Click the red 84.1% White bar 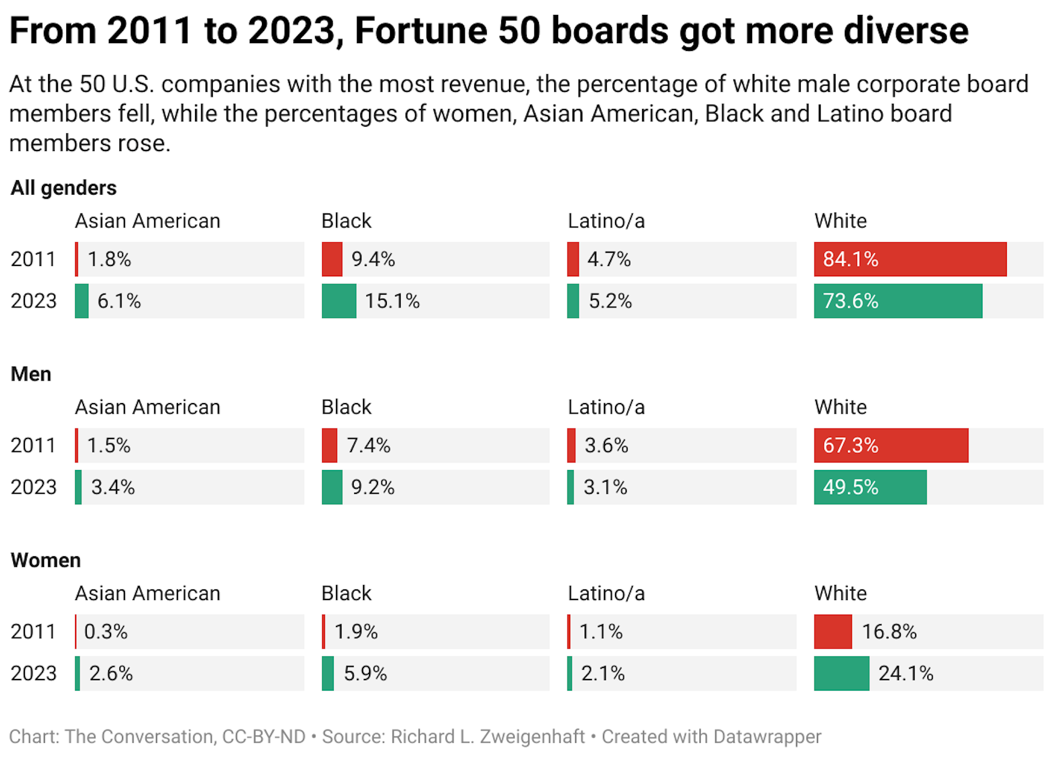click(910, 259)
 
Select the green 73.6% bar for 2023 click(897, 301)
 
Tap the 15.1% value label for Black click(392, 301)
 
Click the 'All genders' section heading click(64, 188)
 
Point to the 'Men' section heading click(31, 374)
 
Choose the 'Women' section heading click(46, 560)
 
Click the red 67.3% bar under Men click(891, 445)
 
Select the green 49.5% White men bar click(870, 487)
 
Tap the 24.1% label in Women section click(906, 674)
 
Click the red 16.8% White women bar click(833, 631)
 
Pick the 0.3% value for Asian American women click(106, 631)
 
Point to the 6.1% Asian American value click(119, 301)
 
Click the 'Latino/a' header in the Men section click(606, 408)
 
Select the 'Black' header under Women click(346, 593)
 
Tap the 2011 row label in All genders click(33, 259)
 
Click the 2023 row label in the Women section click(33, 674)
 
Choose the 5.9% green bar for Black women click(328, 674)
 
